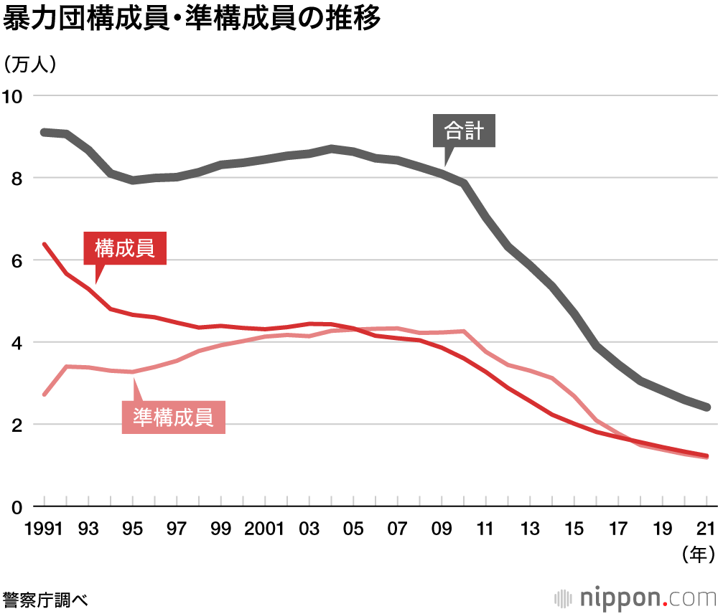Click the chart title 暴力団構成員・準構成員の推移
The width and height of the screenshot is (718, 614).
tap(191, 20)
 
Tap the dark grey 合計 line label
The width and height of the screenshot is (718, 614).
tap(465, 131)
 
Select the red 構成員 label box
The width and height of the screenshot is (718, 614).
tap(125, 249)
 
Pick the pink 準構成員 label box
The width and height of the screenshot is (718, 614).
tap(174, 417)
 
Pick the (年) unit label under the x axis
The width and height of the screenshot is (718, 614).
tap(696, 554)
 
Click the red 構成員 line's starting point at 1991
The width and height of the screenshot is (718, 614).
tap(45, 245)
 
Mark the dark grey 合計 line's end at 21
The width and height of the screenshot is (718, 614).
tap(707, 407)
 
